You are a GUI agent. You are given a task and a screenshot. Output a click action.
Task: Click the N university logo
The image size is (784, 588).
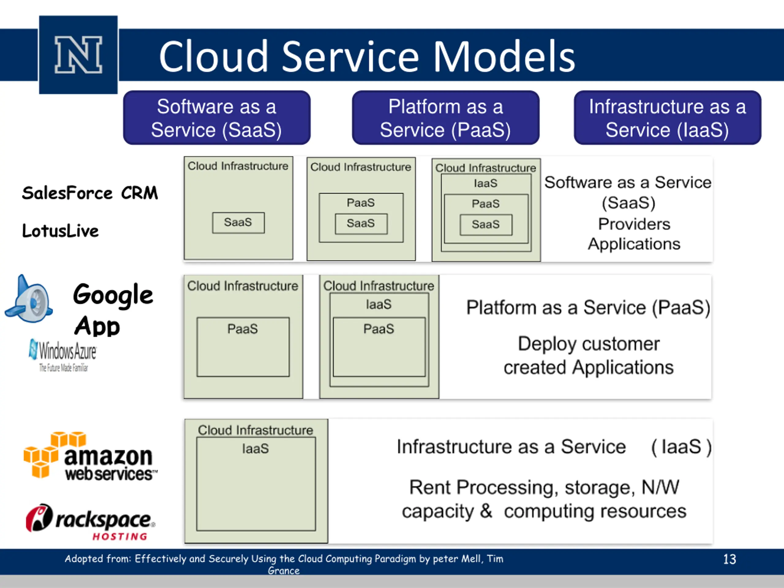click(78, 55)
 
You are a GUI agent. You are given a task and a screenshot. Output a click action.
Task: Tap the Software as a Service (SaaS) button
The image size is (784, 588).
click(217, 118)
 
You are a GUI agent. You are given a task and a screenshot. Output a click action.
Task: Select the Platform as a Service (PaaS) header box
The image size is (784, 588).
click(446, 118)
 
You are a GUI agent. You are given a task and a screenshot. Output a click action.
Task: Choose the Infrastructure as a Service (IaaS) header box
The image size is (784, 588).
click(667, 118)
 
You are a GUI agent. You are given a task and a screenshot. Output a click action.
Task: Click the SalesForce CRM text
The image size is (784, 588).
click(90, 193)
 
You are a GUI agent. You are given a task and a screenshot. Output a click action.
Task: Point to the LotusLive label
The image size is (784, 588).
click(60, 231)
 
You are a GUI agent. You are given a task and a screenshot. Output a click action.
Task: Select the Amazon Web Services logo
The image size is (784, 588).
click(91, 456)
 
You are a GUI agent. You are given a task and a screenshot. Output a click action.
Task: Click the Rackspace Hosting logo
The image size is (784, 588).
click(90, 522)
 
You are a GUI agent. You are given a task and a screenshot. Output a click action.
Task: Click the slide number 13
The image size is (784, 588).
click(730, 559)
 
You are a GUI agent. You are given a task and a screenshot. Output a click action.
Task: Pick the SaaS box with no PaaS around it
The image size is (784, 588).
click(238, 223)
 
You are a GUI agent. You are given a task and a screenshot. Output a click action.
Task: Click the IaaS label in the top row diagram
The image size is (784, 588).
click(486, 183)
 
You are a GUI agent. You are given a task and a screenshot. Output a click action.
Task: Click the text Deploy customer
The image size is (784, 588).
click(589, 344)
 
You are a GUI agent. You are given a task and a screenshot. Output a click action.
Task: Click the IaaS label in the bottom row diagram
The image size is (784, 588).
click(255, 449)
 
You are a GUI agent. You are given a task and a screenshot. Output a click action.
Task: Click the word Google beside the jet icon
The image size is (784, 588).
click(113, 295)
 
